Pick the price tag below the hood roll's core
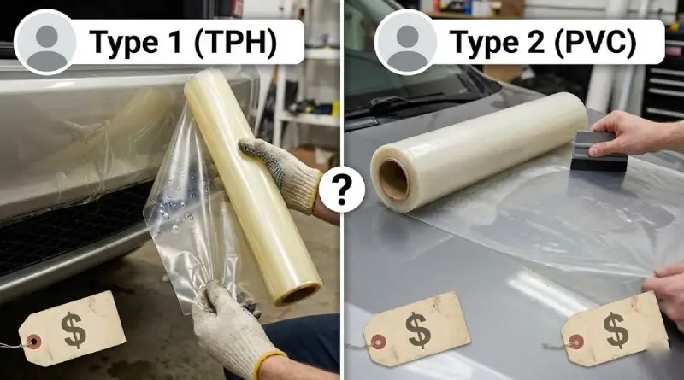click(x=416, y=333)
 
